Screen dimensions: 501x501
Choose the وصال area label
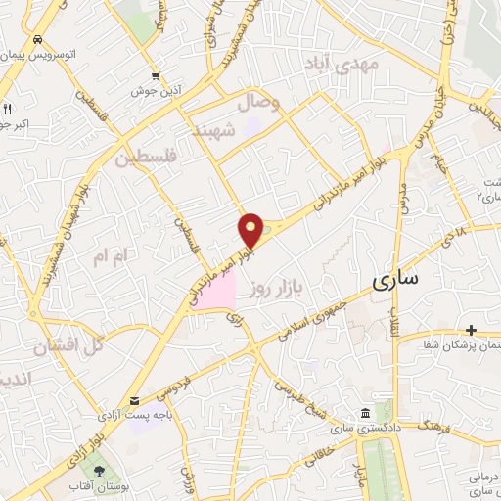click(259, 102)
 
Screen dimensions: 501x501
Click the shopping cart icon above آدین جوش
click(156, 75)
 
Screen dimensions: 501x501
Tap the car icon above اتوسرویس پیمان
click(36, 40)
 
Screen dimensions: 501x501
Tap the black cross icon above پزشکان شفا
click(471, 330)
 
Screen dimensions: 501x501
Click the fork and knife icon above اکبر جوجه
click(7, 109)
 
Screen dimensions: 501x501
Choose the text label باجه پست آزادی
click(128, 416)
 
